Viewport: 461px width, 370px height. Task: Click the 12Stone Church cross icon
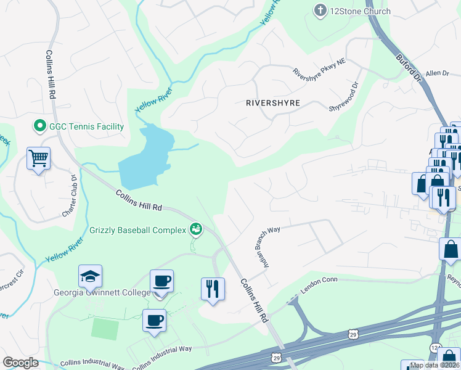coord(320,10)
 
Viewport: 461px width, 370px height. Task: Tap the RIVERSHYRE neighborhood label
coord(272,104)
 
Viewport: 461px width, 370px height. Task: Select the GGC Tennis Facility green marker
coord(40,126)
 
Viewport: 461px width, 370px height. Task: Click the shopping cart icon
coord(38,158)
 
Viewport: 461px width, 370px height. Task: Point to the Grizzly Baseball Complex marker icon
coord(196,230)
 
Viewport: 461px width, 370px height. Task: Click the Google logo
coord(20,363)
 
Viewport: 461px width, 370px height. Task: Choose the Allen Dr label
coord(438,73)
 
